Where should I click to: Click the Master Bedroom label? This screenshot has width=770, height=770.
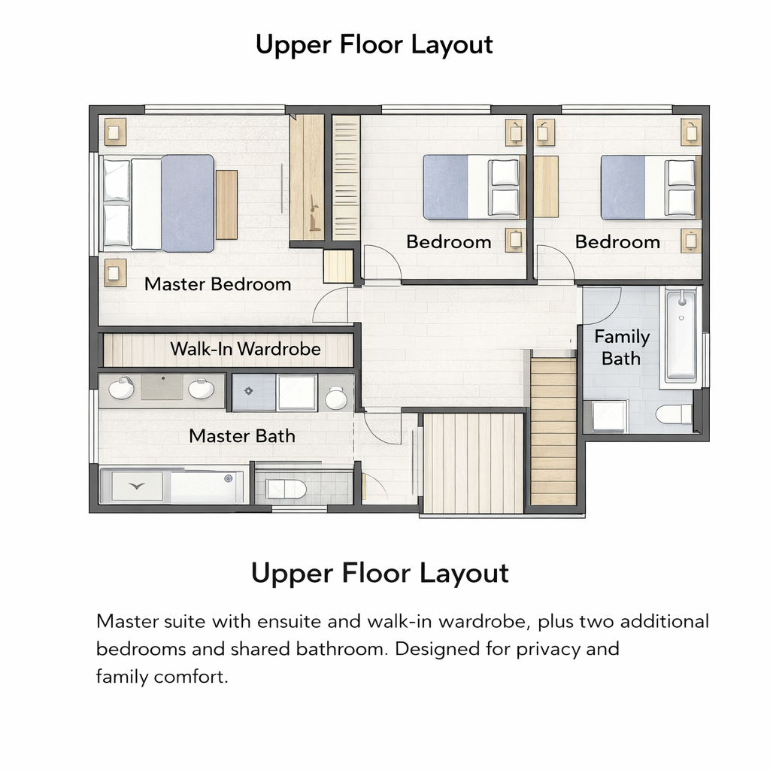217,284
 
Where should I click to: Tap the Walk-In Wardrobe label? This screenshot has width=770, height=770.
246,349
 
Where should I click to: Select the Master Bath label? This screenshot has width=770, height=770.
242,436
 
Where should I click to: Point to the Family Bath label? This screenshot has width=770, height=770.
622,347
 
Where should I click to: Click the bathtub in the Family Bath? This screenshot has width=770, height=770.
681,336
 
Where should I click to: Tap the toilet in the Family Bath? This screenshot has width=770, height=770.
675,414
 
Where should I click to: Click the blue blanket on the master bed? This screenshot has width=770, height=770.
187,203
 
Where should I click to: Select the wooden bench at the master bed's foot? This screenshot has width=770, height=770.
227,205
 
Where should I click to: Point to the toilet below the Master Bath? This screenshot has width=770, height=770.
286,489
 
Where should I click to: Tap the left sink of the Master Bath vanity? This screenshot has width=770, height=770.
121,389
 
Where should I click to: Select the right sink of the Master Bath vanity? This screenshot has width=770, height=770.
202,389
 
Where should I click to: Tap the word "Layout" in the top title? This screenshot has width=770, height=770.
452,45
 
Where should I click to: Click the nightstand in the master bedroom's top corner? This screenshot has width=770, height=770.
115,132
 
